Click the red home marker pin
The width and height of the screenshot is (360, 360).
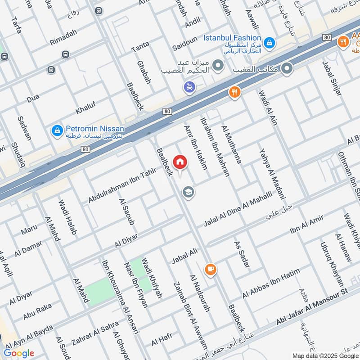coord(180,162)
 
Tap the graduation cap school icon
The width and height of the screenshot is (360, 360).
coord(188,193)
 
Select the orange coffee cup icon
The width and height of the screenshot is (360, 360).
coord(210,269)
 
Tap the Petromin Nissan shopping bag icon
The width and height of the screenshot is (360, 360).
coord(57,130)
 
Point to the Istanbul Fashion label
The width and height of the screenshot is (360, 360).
coord(232,38)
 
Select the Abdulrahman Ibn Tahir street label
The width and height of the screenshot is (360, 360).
coord(122,184)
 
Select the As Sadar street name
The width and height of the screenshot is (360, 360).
coord(242,254)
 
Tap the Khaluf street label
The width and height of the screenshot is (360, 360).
coord(86,109)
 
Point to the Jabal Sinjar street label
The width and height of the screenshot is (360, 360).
coord(332,79)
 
